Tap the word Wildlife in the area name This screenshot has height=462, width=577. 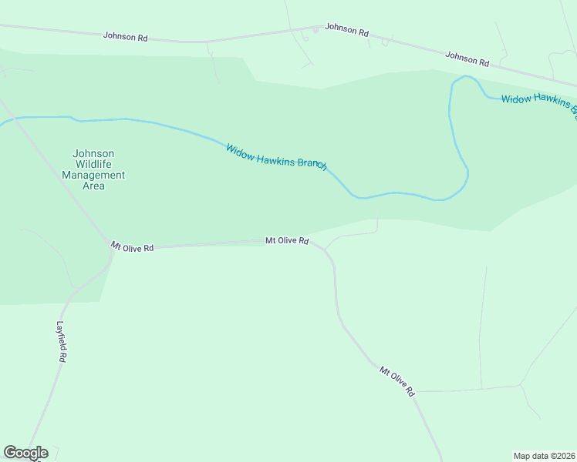click(93, 164)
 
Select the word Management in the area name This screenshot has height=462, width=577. click(93, 175)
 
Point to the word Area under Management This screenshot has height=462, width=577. click(93, 186)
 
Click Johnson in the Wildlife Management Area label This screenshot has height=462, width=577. click(93, 153)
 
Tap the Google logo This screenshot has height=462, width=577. click(25, 453)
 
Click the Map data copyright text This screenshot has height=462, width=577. click(544, 455)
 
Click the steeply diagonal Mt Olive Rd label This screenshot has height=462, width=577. click(397, 381)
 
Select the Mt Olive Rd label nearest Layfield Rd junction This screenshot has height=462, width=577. click(132, 247)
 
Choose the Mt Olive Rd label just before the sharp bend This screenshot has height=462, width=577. click(287, 241)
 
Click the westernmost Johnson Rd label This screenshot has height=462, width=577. click(126, 36)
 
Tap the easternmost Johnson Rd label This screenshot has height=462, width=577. click(467, 58)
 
